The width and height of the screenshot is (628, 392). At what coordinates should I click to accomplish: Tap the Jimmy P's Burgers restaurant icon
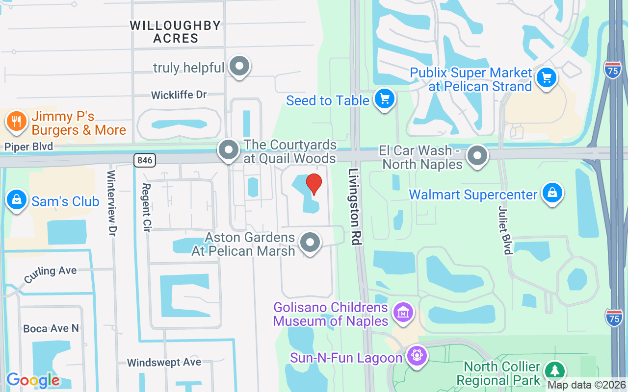pyautogui.click(x=17, y=122)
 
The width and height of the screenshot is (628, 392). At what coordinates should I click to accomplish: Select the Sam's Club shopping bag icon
pyautogui.click(x=17, y=199)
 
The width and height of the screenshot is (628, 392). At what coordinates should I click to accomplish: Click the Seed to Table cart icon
pyautogui.click(x=385, y=99)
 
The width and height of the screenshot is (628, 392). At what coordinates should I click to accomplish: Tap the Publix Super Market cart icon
pyautogui.click(x=546, y=77)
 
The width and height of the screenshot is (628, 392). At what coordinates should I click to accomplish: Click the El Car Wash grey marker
pyautogui.click(x=477, y=156)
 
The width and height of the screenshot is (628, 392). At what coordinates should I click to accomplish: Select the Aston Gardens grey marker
pyautogui.click(x=310, y=242)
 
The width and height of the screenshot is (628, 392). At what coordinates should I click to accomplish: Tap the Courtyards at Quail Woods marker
pyautogui.click(x=228, y=150)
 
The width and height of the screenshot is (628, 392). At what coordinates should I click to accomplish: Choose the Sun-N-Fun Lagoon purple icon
pyautogui.click(x=417, y=355)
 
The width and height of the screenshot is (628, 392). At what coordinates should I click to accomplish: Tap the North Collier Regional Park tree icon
pyautogui.click(x=554, y=371)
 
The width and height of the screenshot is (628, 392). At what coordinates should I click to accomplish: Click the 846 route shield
pyautogui.click(x=145, y=160)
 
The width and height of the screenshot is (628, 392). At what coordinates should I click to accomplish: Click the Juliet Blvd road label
pyautogui.click(x=505, y=230)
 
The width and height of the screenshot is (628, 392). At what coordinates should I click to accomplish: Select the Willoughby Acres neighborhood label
pyautogui.click(x=175, y=32)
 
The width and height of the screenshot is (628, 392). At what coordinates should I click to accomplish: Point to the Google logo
pyautogui.click(x=33, y=380)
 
